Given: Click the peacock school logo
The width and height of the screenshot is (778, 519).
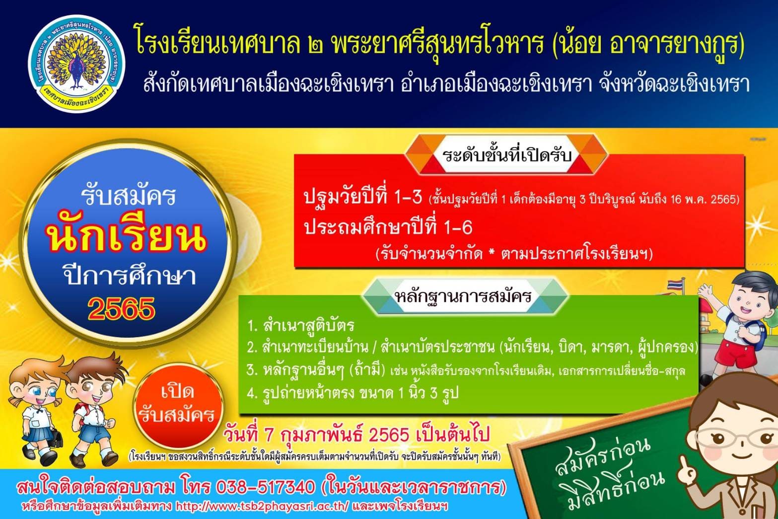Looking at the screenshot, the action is click(76, 64).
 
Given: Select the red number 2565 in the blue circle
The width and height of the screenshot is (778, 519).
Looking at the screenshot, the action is click(121, 308).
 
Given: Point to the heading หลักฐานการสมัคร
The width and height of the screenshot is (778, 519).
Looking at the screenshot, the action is click(463, 296).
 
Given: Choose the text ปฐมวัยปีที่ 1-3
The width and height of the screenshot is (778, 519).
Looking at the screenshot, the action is click(363, 197).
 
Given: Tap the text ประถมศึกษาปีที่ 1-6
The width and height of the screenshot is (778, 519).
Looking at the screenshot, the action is click(388, 227).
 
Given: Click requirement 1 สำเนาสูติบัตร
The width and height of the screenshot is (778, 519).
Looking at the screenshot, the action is click(301, 326).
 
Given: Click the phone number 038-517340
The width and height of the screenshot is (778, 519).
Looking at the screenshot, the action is click(266, 487).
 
